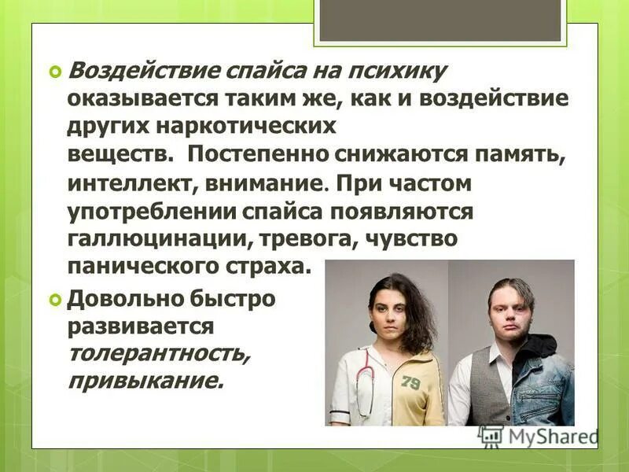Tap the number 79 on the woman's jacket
(410, 382)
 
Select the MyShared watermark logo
(539, 436)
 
